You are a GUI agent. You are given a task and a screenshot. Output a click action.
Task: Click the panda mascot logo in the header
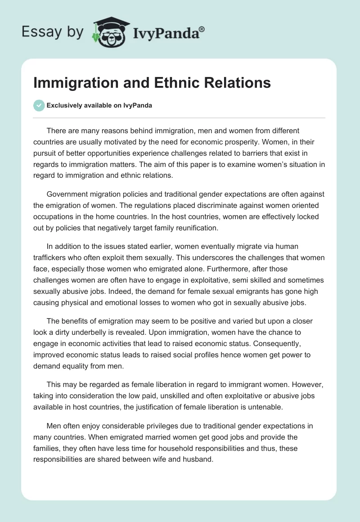109,32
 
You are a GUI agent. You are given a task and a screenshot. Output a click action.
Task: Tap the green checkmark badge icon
39,105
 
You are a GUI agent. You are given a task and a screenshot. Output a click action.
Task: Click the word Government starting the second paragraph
68,194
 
